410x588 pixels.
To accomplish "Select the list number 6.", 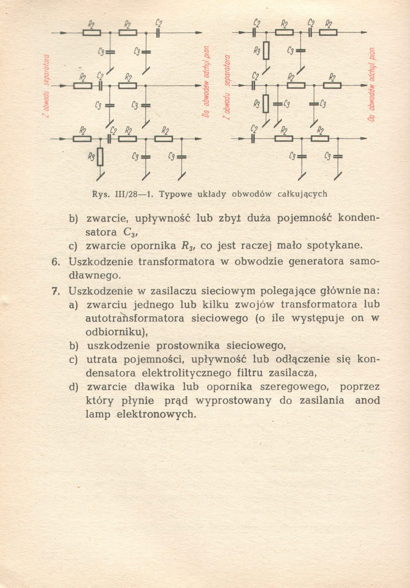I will point(56,262).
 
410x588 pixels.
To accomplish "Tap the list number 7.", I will point(56,291).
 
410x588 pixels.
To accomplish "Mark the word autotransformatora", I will point(135,319).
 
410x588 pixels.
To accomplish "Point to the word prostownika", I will point(188,346).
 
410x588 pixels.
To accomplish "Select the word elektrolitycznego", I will point(187,373).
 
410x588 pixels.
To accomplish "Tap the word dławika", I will point(154,387).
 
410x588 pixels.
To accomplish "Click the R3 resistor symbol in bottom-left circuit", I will point(100,156).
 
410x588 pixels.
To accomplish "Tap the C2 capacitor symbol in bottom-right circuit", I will point(253,139).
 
